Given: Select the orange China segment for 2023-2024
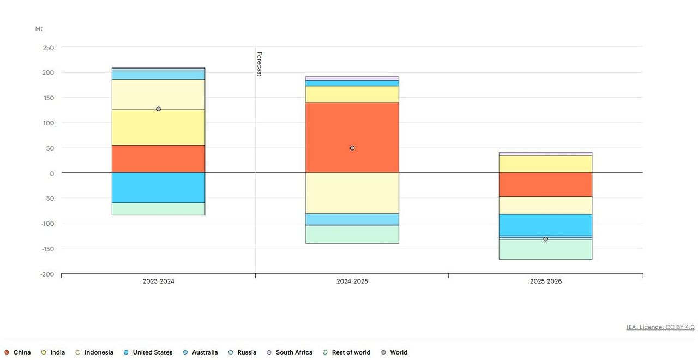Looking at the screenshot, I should (158, 159).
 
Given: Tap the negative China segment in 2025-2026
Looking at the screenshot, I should (545, 184).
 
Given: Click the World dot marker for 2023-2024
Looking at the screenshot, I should (158, 109).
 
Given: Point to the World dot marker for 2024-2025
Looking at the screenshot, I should (352, 148).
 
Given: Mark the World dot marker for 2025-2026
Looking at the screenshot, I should (545, 239).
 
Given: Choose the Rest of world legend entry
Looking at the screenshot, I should (347, 352).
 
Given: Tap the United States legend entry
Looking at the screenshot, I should (148, 352).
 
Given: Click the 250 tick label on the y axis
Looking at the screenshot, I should (48, 48).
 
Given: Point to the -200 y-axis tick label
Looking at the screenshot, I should (47, 274).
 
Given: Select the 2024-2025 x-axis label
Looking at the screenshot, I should (352, 281).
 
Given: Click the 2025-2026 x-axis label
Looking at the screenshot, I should (545, 281).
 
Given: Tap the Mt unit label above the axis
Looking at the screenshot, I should (39, 29).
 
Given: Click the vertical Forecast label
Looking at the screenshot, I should (260, 64).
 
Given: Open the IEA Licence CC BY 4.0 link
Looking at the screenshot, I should (660, 327).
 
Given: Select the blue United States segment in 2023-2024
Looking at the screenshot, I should (158, 188).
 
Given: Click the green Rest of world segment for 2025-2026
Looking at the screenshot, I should (545, 249).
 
